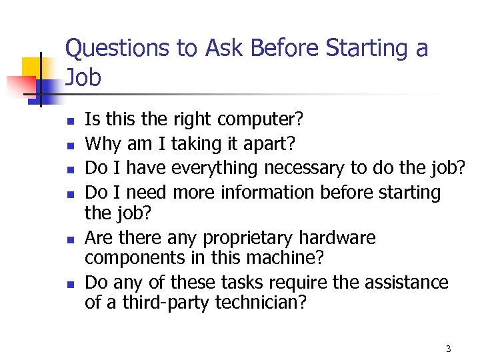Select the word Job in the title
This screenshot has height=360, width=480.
click(x=83, y=78)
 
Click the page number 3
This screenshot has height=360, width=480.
click(x=448, y=349)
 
